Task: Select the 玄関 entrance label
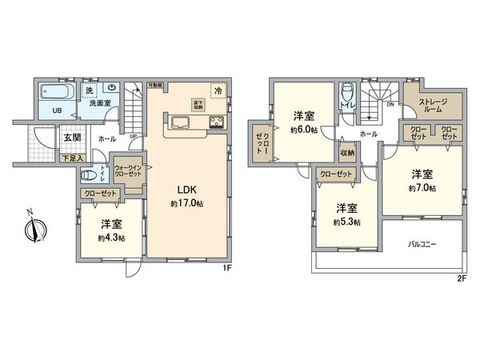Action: coord(73,138)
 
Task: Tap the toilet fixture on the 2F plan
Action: coord(346,92)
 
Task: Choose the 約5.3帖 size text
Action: coord(346,222)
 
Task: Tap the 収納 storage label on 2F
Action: coord(347,153)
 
